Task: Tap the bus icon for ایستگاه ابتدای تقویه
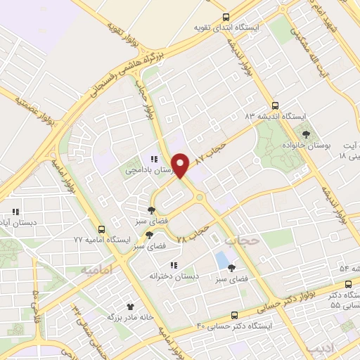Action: click(225, 17)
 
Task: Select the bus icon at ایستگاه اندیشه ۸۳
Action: click(275, 103)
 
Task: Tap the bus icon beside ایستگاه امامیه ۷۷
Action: click(102, 229)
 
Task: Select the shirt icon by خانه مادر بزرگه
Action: click(129, 307)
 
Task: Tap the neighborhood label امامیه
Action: click(96, 269)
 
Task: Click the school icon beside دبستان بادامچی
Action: click(152, 158)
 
